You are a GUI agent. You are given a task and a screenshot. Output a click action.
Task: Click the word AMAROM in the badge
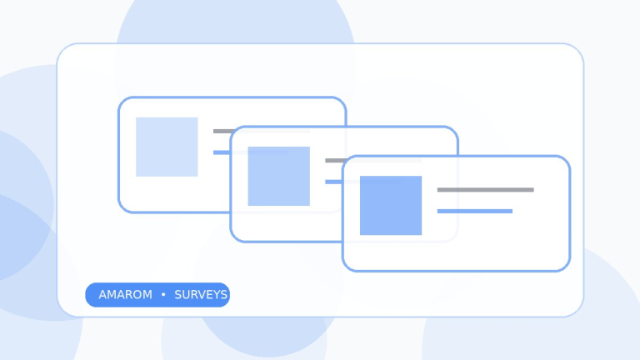coord(125,295)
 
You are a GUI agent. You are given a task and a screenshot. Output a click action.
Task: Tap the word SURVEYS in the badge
coord(201,295)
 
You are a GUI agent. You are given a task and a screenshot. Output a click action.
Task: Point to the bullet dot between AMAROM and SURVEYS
coord(163,294)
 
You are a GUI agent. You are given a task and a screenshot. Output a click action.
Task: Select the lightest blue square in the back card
coord(167,147)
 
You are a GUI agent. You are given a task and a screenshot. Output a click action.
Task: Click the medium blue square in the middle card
coord(279,177)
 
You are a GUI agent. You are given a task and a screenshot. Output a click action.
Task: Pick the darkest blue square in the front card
coord(391,205)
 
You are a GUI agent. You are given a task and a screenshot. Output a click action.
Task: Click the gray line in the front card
coord(485,190)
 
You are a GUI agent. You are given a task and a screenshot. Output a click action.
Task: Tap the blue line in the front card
coord(475,211)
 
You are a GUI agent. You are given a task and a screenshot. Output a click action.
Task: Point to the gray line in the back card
coord(262,131)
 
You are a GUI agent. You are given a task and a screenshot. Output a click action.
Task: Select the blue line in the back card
coord(251,152)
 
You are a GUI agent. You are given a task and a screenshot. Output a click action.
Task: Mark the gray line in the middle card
coord(373,160)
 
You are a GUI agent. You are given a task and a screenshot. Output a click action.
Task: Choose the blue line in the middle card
coord(362,182)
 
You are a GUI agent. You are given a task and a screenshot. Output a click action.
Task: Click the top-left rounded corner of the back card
coord(122,101)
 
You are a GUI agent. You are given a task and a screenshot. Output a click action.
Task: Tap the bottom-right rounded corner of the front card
coord(566,267)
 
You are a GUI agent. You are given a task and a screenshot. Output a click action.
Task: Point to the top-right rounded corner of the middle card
coord(454,130)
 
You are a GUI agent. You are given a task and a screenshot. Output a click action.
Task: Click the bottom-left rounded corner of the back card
coord(122,208)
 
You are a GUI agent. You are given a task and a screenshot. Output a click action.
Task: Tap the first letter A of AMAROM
coord(102,295)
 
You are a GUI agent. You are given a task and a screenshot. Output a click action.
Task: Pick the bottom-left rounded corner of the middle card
coord(234,238)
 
